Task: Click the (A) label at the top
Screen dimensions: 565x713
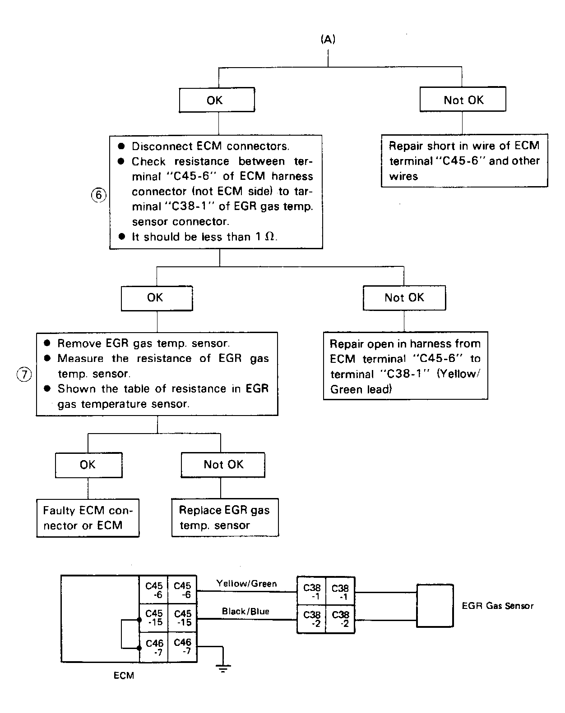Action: [328, 39]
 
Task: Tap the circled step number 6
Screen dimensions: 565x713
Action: [98, 195]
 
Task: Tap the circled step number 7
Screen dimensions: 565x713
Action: [24, 375]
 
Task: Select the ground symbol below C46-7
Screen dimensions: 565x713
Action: [223, 668]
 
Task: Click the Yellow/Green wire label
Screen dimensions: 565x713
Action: [246, 584]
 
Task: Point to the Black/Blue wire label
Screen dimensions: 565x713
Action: [245, 611]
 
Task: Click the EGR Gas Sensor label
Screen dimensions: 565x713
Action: [498, 606]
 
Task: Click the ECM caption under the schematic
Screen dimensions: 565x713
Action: [124, 676]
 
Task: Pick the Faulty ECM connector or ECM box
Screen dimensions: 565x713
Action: [88, 518]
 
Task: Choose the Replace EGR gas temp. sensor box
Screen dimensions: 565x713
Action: [225, 517]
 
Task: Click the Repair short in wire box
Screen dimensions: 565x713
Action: [464, 161]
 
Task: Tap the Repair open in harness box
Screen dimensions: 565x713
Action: [405, 366]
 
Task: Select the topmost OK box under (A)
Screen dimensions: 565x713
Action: [217, 100]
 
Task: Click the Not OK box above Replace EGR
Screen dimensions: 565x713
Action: [223, 465]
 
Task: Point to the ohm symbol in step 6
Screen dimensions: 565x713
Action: [270, 237]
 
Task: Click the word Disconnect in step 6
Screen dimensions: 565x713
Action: [162, 146]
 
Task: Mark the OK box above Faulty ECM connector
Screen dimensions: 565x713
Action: [88, 465]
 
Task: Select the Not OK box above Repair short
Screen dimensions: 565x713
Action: [463, 100]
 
